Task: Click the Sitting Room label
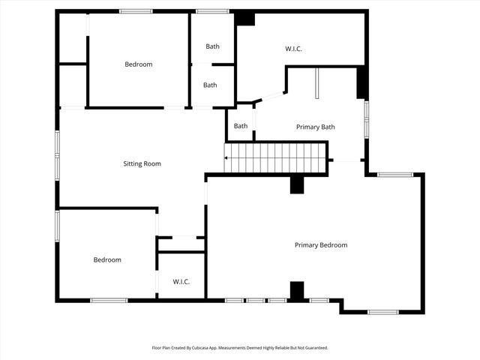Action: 142,163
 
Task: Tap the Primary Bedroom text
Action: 320,245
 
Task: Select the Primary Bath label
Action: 315,127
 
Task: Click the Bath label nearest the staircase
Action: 240,126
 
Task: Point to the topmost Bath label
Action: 213,46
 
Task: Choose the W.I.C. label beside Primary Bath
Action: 293,49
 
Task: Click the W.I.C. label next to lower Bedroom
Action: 181,282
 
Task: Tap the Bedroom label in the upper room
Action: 138,64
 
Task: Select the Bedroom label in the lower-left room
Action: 107,260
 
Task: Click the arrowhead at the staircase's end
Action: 226,158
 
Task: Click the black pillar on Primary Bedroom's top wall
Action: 297,184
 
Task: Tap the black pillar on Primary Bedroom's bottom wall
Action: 297,291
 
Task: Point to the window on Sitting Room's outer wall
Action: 57,155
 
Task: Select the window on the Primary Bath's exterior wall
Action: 366,120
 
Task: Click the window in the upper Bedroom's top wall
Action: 136,11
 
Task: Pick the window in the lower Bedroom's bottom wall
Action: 109,301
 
